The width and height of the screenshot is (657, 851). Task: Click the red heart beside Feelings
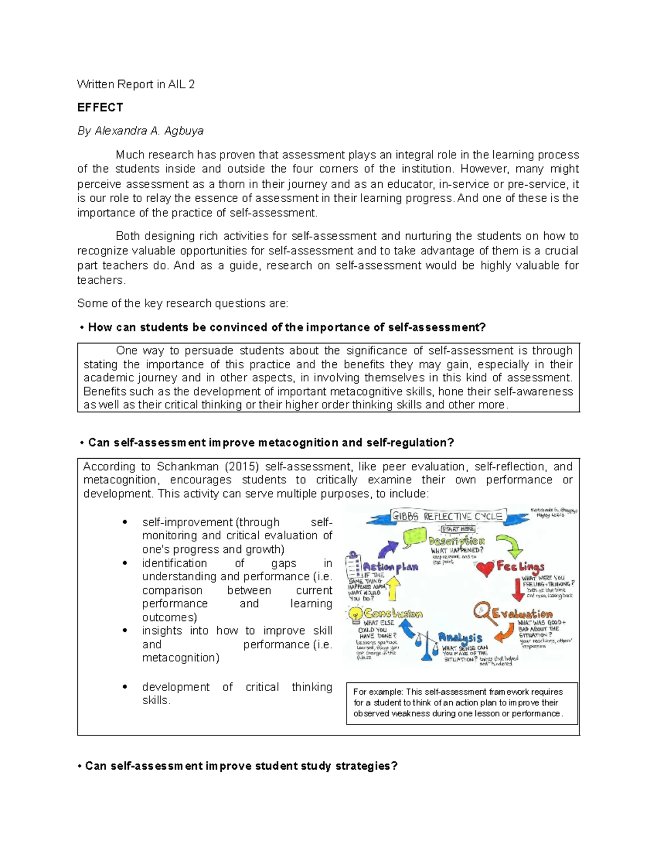click(x=485, y=569)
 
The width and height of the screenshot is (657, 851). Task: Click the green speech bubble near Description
click(x=414, y=536)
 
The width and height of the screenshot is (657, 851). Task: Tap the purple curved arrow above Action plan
click(x=389, y=547)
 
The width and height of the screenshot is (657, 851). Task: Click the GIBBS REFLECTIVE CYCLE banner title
click(x=446, y=517)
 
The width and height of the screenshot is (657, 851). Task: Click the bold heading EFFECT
click(x=100, y=107)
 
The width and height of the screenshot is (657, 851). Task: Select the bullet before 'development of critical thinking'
click(x=125, y=687)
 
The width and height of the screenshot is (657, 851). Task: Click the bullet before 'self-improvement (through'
click(x=125, y=522)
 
